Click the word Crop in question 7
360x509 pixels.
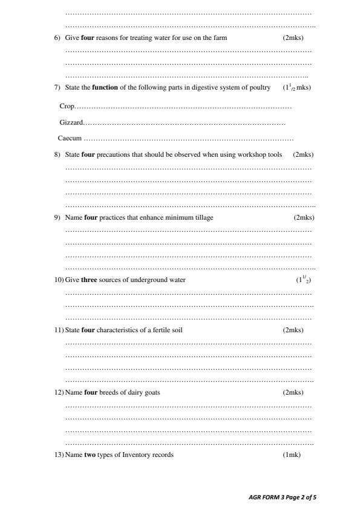(x=67, y=106)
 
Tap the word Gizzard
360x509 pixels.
(x=71, y=123)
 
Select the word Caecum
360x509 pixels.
(x=70, y=138)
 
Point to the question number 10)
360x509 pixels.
(x=59, y=280)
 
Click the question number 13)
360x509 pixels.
(x=59, y=455)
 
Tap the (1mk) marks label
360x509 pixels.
(x=292, y=455)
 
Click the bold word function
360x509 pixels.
(x=105, y=88)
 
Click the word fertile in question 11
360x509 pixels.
(x=157, y=330)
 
